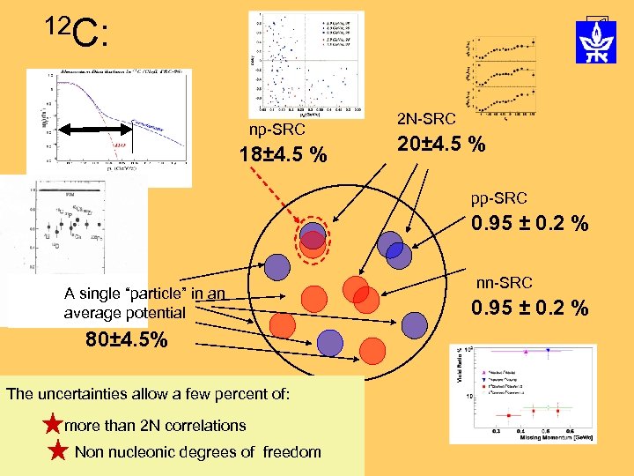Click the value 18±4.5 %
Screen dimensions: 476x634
(x=283, y=156)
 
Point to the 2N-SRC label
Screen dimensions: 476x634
(x=427, y=118)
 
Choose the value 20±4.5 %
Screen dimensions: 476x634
(x=440, y=144)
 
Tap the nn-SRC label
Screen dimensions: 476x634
(x=505, y=283)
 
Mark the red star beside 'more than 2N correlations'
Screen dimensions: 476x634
(x=53, y=425)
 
